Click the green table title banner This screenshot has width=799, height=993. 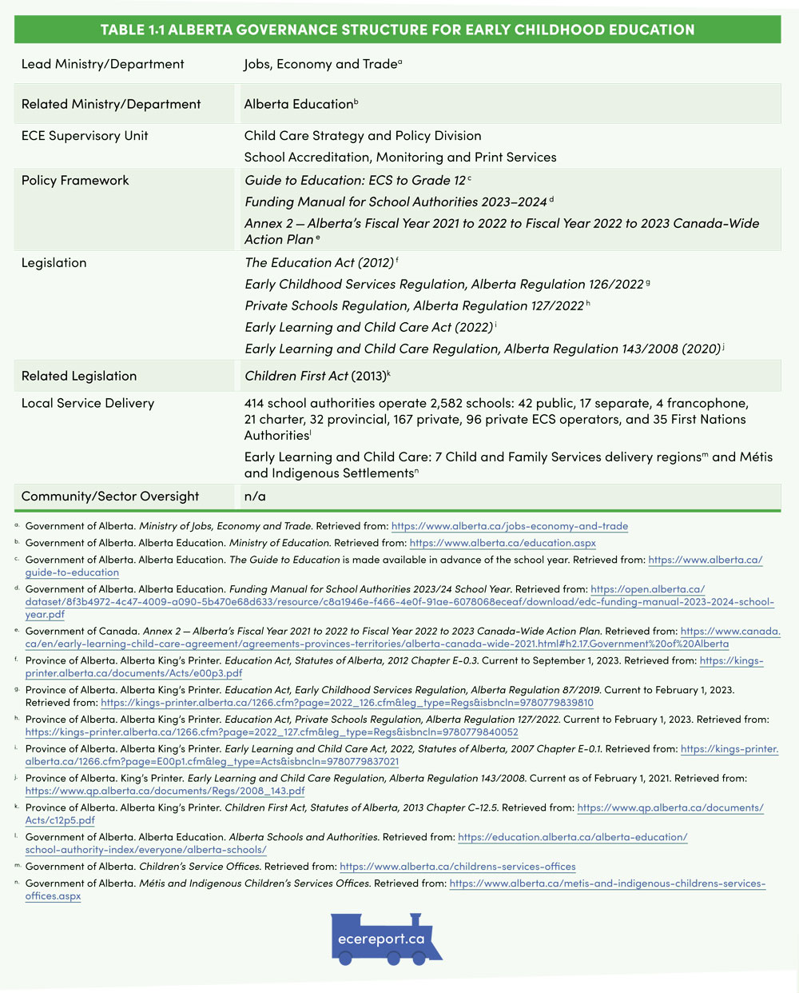397,30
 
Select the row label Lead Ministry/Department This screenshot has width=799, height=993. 102,64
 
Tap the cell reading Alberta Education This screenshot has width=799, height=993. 298,104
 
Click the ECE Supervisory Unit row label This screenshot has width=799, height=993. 85,136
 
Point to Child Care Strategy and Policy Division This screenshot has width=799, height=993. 362,136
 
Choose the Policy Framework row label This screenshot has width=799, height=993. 75,181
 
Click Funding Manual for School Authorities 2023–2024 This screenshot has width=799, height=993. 396,202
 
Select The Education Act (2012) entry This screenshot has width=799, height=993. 319,263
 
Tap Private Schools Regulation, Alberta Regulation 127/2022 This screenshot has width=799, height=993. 414,306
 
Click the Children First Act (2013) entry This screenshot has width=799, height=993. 315,376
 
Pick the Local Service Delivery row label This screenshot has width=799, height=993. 88,404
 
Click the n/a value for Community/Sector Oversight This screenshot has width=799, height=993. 255,496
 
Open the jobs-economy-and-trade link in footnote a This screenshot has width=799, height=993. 509,526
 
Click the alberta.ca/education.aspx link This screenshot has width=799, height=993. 503,544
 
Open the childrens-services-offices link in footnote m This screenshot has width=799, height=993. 457,867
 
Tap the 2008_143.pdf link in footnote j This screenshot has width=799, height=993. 165,791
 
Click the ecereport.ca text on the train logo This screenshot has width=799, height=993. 381,939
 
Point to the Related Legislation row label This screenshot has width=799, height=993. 79,377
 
